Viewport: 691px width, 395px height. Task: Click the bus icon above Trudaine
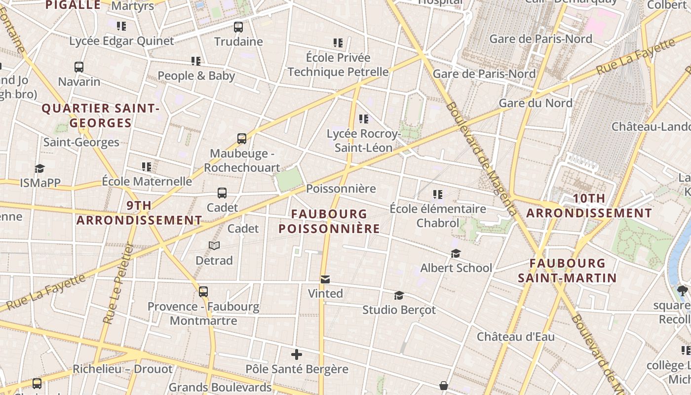click(238, 27)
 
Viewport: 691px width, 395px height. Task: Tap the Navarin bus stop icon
click(79, 67)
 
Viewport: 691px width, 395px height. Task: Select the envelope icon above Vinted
click(325, 279)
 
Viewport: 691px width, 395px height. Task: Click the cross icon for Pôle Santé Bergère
click(297, 355)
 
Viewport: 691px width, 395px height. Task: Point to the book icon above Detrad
click(214, 246)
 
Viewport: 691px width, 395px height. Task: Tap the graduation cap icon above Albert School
click(456, 254)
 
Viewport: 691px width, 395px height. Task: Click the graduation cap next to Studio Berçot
click(399, 296)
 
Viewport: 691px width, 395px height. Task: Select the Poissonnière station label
click(341, 189)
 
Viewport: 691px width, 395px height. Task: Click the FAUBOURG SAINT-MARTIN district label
click(567, 270)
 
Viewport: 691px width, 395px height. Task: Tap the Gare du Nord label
click(536, 103)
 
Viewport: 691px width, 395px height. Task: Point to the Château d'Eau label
click(515, 337)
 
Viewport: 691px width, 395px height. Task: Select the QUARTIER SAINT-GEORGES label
click(100, 116)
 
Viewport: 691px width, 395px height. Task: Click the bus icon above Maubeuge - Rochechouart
click(242, 139)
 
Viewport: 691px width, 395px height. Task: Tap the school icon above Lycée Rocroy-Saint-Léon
click(364, 119)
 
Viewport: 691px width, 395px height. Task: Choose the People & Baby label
click(196, 76)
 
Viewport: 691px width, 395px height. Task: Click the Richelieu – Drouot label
click(122, 369)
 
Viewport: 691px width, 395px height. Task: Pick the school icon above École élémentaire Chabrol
click(437, 195)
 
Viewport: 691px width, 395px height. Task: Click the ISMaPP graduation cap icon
click(39, 169)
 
